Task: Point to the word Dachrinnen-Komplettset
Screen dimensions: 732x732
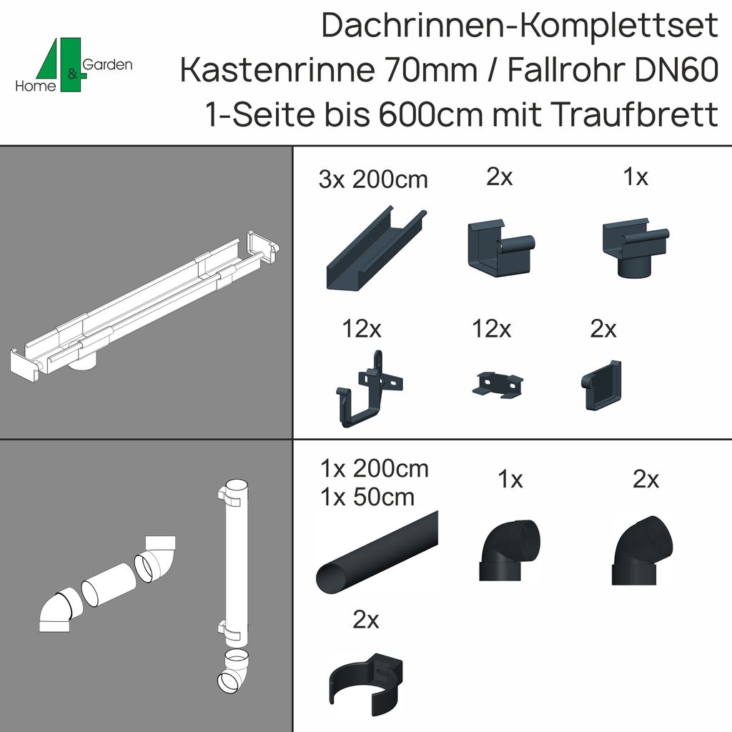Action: (x=520, y=26)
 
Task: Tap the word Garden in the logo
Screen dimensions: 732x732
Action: (x=108, y=65)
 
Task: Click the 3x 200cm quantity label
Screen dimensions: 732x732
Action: (x=373, y=179)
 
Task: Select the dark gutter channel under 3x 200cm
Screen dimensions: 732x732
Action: (x=375, y=247)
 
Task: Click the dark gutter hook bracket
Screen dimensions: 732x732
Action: (x=365, y=390)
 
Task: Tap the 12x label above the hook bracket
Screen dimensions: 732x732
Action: (x=362, y=330)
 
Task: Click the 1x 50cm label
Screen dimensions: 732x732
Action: (x=368, y=497)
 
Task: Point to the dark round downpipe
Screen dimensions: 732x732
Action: (x=376, y=550)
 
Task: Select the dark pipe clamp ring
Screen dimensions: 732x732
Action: (x=365, y=678)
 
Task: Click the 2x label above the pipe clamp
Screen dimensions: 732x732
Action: (x=365, y=620)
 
